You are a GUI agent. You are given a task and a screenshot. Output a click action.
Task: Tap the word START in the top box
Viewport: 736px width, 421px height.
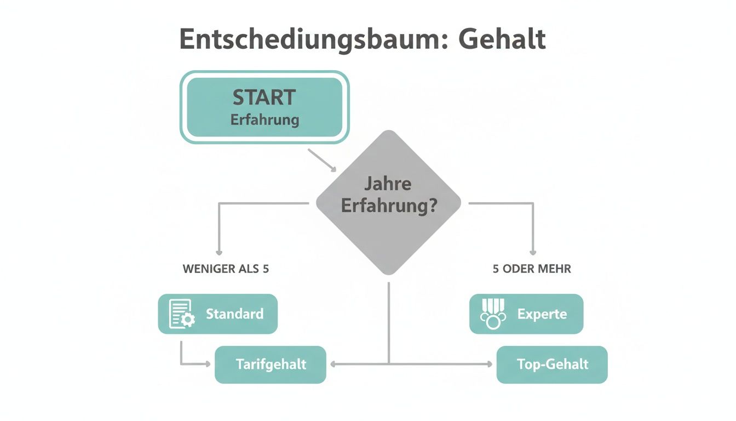tap(264, 98)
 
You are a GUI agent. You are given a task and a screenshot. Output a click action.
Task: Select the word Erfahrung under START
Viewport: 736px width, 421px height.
tap(264, 120)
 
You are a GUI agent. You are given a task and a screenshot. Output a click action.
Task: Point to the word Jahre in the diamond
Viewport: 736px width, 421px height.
tap(388, 183)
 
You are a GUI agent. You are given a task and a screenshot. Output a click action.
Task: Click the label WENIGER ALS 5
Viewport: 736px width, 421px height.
tap(226, 269)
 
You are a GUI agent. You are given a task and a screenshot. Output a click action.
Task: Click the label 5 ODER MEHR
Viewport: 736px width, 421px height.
tap(531, 269)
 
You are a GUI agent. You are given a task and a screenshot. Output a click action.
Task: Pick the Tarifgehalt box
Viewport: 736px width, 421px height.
tap(271, 365)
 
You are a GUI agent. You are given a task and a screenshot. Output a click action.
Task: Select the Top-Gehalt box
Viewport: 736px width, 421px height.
tap(552, 365)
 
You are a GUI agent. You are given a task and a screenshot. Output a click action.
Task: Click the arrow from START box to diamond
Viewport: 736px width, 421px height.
tap(324, 160)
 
